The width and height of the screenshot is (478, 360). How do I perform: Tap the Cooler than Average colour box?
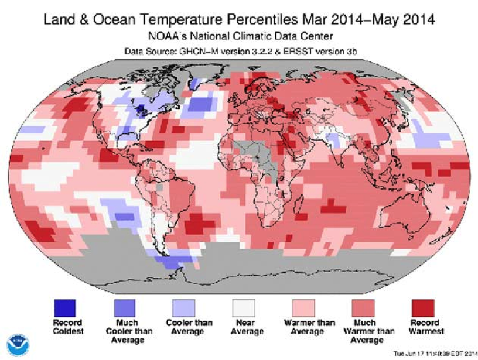(x=183, y=307)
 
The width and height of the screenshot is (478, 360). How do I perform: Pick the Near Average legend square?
(x=243, y=307)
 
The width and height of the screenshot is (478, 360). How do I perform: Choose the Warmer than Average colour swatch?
(x=303, y=307)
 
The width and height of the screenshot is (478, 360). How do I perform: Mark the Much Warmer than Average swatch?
(x=364, y=307)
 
